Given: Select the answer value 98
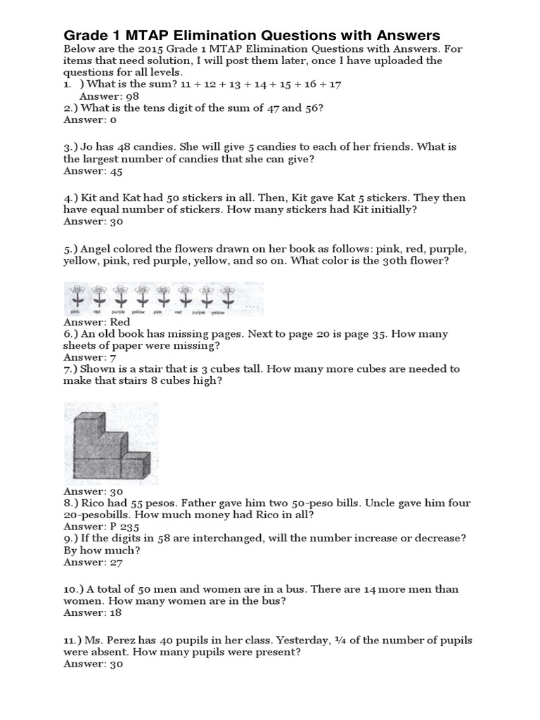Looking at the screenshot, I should point(124,96).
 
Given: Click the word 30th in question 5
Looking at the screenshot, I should point(394,261).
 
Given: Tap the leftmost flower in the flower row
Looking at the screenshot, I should point(76,296).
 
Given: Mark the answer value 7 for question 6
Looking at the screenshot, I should point(112,357).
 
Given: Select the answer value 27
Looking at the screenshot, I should point(116,562).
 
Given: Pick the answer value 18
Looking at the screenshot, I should point(116,613).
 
